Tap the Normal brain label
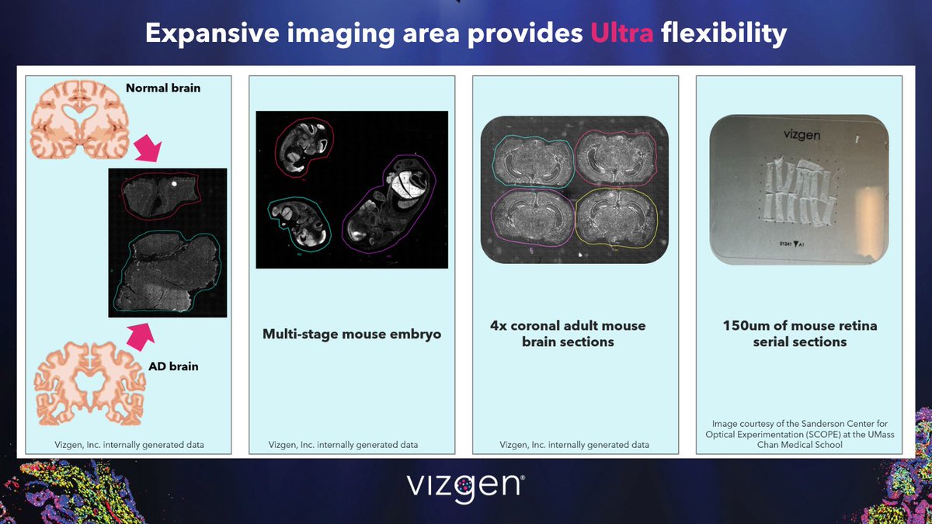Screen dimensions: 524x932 coord(163,88)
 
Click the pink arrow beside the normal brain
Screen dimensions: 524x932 coord(148,149)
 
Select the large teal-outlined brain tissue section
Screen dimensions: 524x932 coord(162,268)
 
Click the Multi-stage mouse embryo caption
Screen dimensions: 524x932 coord(351,335)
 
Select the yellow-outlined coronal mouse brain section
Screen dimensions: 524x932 coord(616,218)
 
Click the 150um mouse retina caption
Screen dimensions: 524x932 coord(799,334)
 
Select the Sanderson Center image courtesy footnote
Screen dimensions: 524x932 coord(799,435)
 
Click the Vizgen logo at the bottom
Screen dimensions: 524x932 coord(465,487)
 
